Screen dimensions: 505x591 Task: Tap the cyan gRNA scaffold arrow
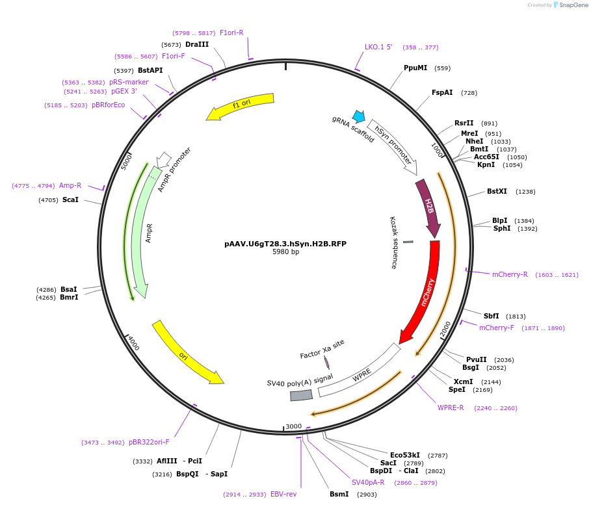(x=358, y=116)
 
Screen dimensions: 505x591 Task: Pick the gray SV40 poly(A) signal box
(x=301, y=395)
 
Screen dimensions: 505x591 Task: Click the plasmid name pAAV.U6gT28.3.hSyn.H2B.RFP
(x=285, y=244)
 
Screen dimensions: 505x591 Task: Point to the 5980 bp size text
(x=285, y=252)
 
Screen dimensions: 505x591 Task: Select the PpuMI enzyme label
(x=415, y=68)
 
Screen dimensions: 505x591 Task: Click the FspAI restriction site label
(x=442, y=92)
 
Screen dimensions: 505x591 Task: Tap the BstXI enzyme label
(x=497, y=191)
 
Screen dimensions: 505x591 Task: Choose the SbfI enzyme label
(x=491, y=316)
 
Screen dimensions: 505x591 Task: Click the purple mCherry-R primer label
(x=510, y=274)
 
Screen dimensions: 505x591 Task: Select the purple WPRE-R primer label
(x=451, y=408)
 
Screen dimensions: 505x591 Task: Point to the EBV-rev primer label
(x=283, y=494)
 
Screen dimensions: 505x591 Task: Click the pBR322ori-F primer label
(x=149, y=442)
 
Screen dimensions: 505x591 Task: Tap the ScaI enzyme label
(x=70, y=200)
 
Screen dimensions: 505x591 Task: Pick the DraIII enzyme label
(x=197, y=44)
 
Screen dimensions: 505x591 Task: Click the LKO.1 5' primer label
(x=378, y=47)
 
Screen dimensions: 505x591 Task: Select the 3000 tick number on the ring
(x=294, y=426)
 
